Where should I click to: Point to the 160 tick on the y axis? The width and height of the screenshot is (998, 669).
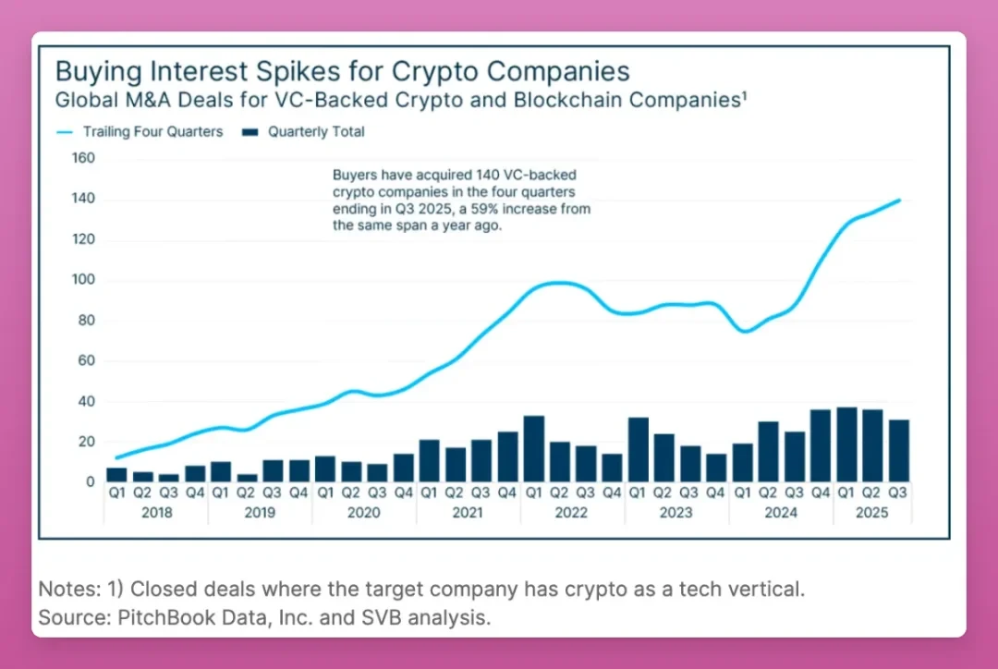click(83, 158)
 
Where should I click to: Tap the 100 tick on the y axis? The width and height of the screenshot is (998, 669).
click(83, 280)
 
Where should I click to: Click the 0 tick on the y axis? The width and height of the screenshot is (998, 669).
click(90, 481)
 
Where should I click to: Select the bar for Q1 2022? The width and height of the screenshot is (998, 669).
click(533, 449)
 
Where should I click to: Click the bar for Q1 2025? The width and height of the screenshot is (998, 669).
click(846, 444)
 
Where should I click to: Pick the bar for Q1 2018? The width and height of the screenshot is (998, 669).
click(116, 475)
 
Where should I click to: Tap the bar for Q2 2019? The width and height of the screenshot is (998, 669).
click(247, 478)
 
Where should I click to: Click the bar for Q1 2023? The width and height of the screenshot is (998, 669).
click(638, 450)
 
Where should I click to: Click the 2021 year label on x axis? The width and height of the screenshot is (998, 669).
click(468, 513)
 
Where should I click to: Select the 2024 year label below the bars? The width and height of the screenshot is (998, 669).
click(781, 513)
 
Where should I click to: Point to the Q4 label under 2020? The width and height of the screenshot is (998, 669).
click(403, 493)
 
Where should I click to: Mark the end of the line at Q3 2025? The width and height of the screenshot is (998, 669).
click(899, 200)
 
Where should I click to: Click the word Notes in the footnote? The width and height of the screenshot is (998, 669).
click(66, 590)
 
